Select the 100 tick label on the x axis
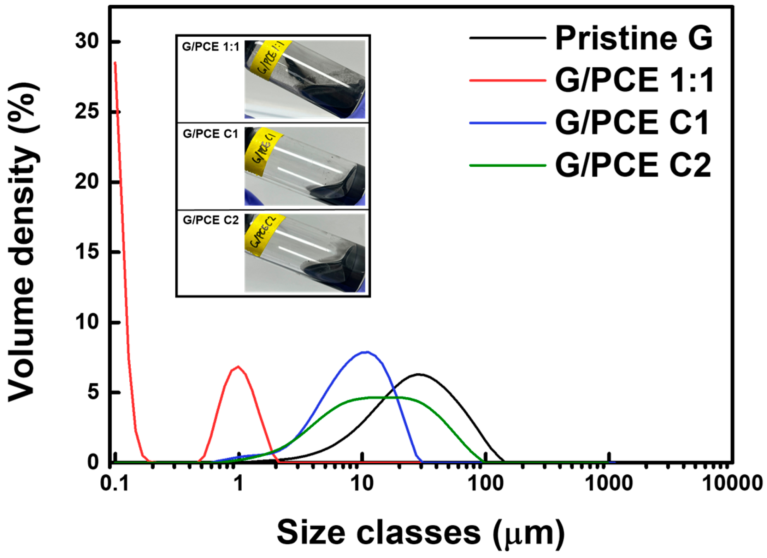click(485, 483)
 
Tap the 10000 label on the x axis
click(731, 483)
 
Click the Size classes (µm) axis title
click(420, 534)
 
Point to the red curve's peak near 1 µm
click(239, 366)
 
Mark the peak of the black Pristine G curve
click(419, 374)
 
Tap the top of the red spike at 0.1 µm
click(115, 63)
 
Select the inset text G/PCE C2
click(211, 220)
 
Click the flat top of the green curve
click(382, 397)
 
